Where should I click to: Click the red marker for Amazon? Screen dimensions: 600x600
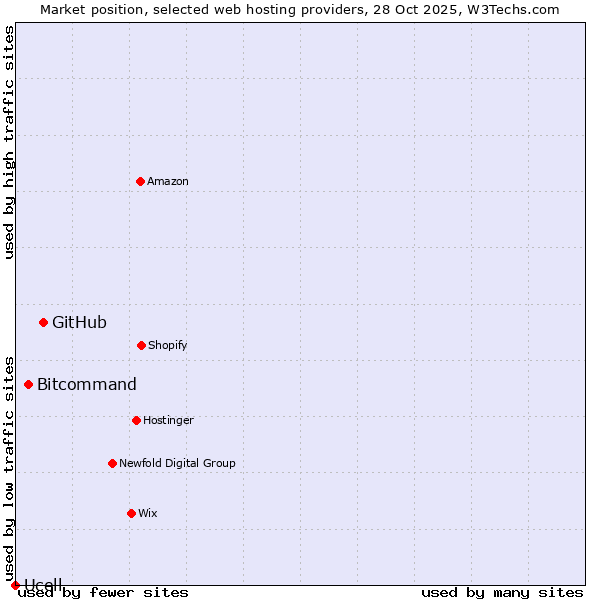point(140,181)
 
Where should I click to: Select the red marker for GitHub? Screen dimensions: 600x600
point(43,322)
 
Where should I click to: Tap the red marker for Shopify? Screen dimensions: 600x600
point(141,345)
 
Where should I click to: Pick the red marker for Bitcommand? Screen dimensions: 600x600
point(28,384)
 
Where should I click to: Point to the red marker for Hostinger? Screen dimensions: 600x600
point(136,420)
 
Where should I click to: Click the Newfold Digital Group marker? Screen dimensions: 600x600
point(112,463)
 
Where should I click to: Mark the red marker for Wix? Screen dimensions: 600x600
point(131,513)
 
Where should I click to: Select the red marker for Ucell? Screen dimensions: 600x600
point(15,585)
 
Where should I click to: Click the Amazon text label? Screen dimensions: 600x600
point(168,181)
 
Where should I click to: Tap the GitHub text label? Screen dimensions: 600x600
point(79,322)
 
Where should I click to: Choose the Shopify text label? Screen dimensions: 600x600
point(168,345)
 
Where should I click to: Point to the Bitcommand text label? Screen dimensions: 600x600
point(87,384)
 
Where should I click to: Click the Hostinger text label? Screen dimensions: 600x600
point(168,420)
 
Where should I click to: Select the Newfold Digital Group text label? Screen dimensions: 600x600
point(177,463)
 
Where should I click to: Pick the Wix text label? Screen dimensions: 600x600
point(148,513)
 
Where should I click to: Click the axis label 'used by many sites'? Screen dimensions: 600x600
point(502,592)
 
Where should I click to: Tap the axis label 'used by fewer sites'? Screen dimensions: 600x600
point(103,592)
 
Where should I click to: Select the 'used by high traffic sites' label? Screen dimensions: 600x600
point(9,142)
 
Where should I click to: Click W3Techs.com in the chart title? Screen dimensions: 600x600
point(512,9)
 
